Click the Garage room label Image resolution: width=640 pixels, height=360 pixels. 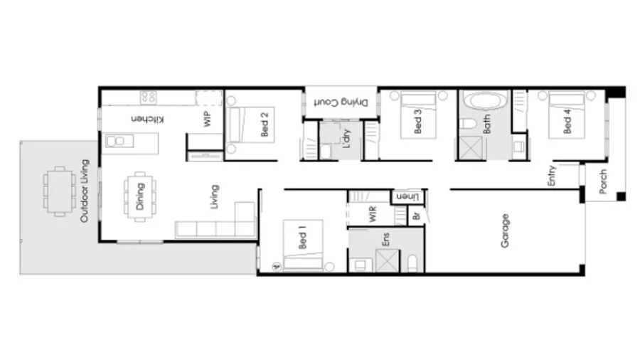pyautogui.click(x=506, y=231)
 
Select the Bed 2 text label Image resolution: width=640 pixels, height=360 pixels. pyautogui.click(x=265, y=124)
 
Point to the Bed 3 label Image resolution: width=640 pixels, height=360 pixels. pyautogui.click(x=417, y=122)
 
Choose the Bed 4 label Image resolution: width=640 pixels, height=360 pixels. pyautogui.click(x=567, y=122)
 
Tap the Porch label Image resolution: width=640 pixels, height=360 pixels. pyautogui.click(x=603, y=182)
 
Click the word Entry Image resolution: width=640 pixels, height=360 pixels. pyautogui.click(x=551, y=176)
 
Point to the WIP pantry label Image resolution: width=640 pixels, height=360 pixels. pyautogui.click(x=208, y=119)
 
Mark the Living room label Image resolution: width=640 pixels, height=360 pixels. pyautogui.click(x=214, y=197)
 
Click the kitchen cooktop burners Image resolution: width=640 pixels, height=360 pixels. pyautogui.click(x=149, y=97)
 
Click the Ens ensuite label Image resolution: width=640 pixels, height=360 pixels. pyautogui.click(x=386, y=238)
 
